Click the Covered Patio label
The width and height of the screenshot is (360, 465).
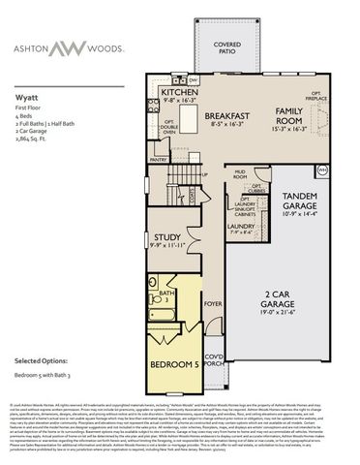pyautogui.click(x=228, y=46)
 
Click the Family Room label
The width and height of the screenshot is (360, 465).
pyautogui.click(x=297, y=114)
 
